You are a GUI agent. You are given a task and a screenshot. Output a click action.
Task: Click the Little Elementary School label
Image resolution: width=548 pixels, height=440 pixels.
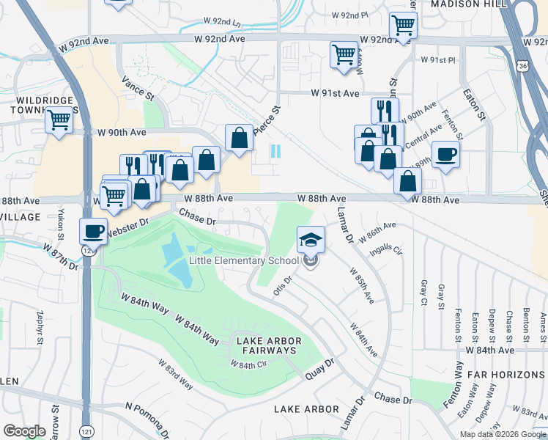(243, 260)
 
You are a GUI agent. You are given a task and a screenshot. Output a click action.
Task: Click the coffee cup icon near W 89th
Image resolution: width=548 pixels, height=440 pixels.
(445, 155)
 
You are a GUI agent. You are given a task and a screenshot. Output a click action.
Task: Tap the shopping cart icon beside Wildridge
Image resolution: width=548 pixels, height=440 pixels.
(59, 120)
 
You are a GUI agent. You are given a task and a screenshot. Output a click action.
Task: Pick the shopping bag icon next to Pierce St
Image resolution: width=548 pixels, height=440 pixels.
(240, 137)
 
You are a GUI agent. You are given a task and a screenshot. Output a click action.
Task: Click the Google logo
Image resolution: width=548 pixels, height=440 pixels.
(24, 431)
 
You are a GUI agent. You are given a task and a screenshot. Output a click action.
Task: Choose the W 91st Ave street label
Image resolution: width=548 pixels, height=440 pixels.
(335, 94)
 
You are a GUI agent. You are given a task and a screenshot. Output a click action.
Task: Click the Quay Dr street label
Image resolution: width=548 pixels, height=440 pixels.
(319, 363)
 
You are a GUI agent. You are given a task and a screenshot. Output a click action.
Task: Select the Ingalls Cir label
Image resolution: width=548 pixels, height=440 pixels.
(388, 250)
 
